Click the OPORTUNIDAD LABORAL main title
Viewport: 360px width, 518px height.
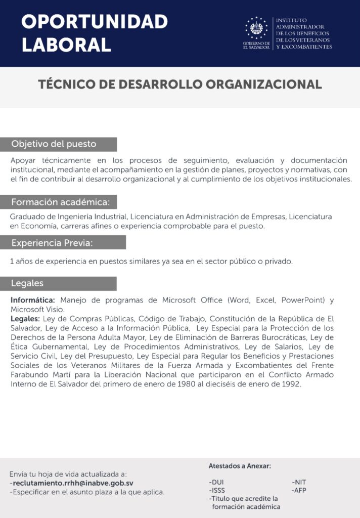click(x=95, y=33)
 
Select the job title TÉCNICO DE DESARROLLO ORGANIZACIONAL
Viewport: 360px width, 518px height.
click(x=180, y=84)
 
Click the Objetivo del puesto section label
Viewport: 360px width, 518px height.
click(x=54, y=144)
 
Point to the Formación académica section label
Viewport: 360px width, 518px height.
click(x=61, y=202)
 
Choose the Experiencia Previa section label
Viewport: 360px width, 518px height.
click(x=53, y=243)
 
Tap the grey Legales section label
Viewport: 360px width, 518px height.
click(x=28, y=283)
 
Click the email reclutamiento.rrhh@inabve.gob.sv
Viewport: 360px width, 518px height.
click(x=73, y=483)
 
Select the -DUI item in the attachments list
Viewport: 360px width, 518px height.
click(x=216, y=482)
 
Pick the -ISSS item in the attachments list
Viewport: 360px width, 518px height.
click(x=217, y=490)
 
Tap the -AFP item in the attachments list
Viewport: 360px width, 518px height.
click(x=299, y=490)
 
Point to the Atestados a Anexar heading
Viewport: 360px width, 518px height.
click(x=240, y=466)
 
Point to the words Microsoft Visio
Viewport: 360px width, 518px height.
click(x=37, y=309)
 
